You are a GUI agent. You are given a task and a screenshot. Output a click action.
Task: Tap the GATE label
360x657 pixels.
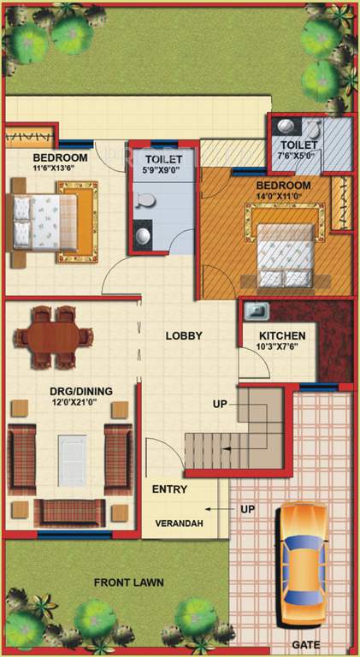(305, 645)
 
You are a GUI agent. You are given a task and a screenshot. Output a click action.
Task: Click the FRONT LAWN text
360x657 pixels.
(129, 583)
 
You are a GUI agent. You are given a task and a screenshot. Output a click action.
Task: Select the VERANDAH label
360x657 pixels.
(179, 524)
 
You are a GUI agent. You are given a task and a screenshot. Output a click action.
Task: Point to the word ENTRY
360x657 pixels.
(169, 489)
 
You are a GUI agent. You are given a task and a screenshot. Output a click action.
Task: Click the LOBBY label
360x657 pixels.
(184, 336)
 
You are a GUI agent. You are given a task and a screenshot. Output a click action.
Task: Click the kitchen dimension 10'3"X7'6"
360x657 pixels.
(275, 348)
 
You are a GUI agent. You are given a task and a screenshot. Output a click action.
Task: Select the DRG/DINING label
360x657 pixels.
(80, 391)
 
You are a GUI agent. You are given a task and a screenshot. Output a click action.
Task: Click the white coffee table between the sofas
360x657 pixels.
(72, 460)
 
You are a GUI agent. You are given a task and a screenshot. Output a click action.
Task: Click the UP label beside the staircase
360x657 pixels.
(220, 404)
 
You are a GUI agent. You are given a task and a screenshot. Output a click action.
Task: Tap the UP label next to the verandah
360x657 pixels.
(248, 510)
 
